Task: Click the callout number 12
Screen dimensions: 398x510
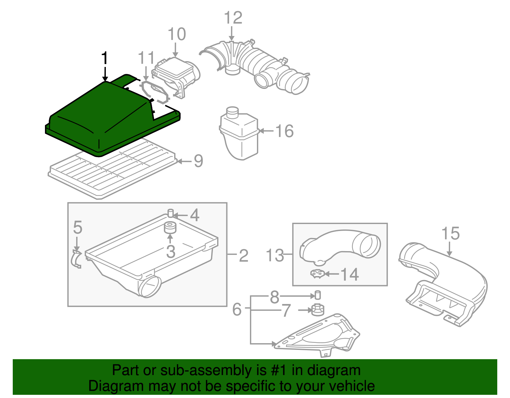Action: pyautogui.click(x=233, y=18)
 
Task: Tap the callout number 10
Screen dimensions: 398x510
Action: pyautogui.click(x=177, y=34)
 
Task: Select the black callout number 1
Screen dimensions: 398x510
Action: pyautogui.click(x=105, y=58)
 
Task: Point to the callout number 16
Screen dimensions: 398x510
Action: pyautogui.click(x=284, y=131)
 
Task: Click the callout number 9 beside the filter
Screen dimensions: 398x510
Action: pyautogui.click(x=198, y=161)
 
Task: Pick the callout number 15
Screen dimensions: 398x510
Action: pyautogui.click(x=450, y=234)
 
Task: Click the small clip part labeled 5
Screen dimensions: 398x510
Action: pyautogui.click(x=76, y=259)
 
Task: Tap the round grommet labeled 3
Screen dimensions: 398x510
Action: pyautogui.click(x=170, y=228)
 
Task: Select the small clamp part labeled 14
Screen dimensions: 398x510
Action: pyautogui.click(x=317, y=274)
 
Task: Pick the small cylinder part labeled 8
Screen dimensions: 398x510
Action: pyautogui.click(x=317, y=295)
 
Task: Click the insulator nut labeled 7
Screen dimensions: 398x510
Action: pyautogui.click(x=317, y=310)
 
